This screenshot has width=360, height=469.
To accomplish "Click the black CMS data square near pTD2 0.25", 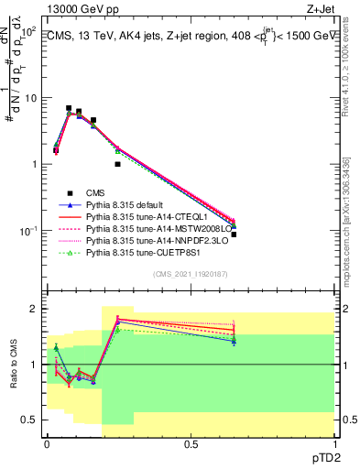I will click(118, 164).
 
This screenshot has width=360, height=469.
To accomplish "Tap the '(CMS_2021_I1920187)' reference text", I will click(190, 274).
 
